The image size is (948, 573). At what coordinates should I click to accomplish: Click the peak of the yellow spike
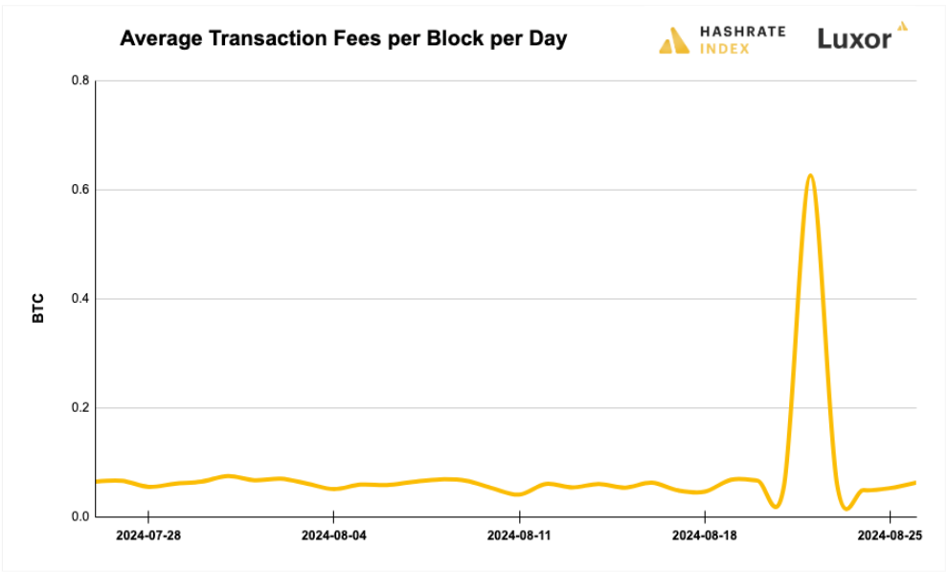click(810, 175)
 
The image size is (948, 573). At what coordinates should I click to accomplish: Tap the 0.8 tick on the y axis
click(80, 80)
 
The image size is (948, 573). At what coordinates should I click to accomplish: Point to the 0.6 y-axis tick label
click(80, 190)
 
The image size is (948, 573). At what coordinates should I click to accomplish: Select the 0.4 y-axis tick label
click(80, 299)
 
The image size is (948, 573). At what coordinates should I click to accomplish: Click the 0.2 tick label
click(80, 408)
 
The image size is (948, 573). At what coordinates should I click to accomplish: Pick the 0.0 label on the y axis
click(80, 517)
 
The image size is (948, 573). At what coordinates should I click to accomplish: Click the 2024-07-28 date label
click(148, 536)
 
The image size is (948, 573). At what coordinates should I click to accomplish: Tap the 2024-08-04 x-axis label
click(334, 536)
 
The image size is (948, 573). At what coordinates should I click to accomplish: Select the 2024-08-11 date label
click(519, 536)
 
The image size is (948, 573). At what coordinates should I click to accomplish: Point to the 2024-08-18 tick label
click(705, 536)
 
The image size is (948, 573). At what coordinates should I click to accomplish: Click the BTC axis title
click(38, 309)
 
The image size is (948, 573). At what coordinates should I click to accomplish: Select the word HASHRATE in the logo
click(742, 32)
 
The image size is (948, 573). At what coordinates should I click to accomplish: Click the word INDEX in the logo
click(724, 48)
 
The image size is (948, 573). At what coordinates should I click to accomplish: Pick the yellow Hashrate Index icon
click(674, 40)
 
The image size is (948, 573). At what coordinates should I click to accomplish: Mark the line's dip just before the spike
click(776, 505)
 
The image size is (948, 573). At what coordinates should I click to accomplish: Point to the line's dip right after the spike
click(846, 508)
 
